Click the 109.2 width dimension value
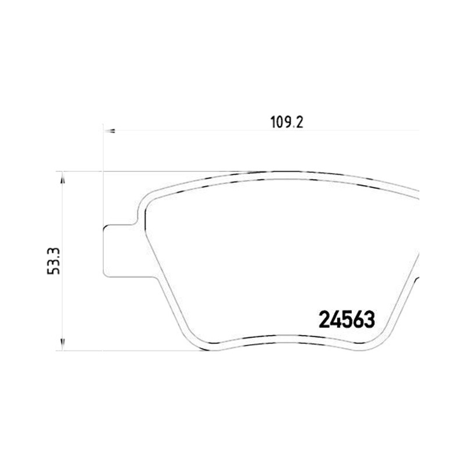tap(287, 122)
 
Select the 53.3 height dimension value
tap(54, 261)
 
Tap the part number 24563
tap(347, 320)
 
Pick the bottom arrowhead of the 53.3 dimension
tap(62, 344)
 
